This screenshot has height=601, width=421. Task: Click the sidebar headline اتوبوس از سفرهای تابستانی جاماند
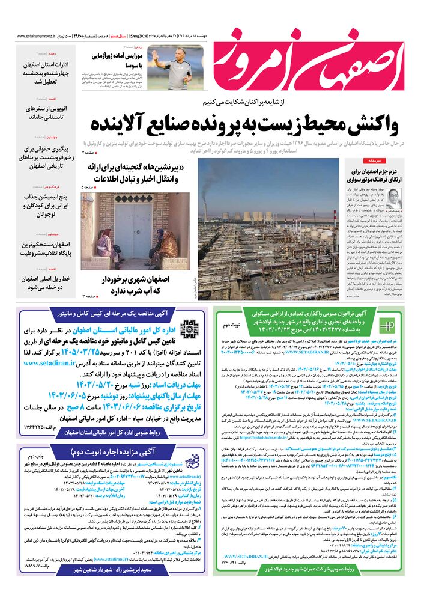pos(53,112)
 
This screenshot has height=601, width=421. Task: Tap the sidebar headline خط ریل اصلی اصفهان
pos(53,281)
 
